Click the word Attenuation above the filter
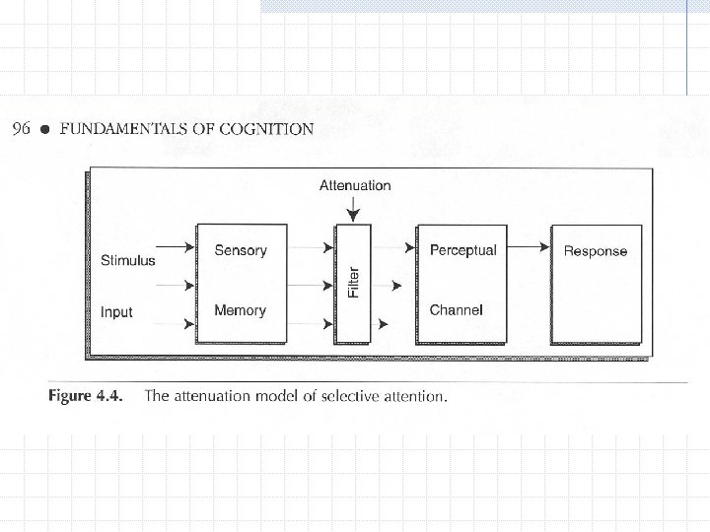pos(355,185)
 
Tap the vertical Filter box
pos(355,283)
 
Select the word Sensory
pos(241,250)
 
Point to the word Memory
pos(241,310)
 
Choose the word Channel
pos(456,310)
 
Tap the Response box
pos(595,284)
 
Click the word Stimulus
pos(128,261)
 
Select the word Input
pos(116,312)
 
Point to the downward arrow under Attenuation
pos(355,209)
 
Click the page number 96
pos(21,128)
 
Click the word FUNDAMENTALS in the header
pos(126,128)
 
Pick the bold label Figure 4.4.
pos(86,397)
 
